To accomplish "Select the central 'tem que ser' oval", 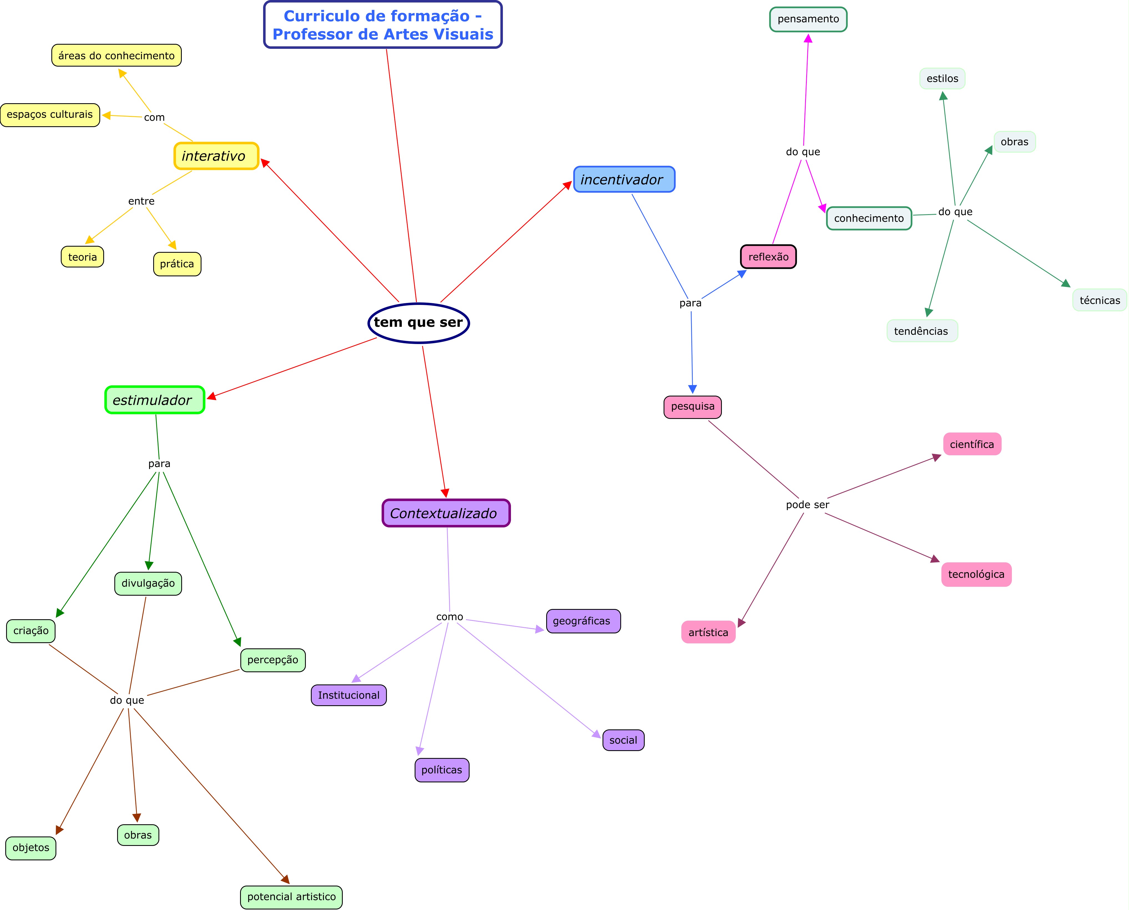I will (x=419, y=322).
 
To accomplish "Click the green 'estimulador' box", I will (x=155, y=400).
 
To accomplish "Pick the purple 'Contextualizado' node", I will (x=446, y=513).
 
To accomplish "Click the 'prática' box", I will (x=177, y=264).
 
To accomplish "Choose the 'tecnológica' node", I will (x=976, y=574).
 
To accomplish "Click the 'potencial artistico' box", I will (x=292, y=896).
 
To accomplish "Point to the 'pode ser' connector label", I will (x=808, y=505).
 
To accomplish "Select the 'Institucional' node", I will (x=349, y=695).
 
